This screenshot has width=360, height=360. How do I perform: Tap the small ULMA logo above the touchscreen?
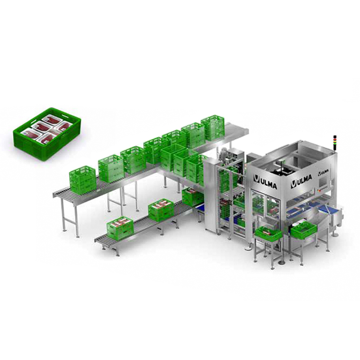(323, 172)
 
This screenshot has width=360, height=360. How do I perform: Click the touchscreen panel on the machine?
(324, 184)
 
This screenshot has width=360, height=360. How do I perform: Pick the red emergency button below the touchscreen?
(319, 190)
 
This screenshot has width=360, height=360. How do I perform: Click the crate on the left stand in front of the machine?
(269, 233)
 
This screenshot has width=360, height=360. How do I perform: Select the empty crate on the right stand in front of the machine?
(304, 229)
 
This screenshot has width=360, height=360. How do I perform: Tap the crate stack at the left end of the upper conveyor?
(82, 180)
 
